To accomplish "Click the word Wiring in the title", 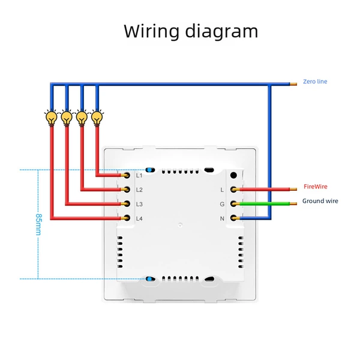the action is click(x=152, y=31).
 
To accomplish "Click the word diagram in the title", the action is click(x=222, y=31).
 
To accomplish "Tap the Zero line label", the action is click(x=315, y=82).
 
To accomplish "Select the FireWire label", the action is click(x=316, y=187).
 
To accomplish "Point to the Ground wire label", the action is click(x=320, y=201).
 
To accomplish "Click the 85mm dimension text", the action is click(x=38, y=224).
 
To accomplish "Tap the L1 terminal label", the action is click(x=139, y=176).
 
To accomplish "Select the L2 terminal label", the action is click(x=139, y=190).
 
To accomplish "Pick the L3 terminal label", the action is click(x=139, y=204).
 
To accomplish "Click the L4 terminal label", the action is click(x=139, y=218).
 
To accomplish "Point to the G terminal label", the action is click(x=222, y=204).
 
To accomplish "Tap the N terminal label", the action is click(x=222, y=218).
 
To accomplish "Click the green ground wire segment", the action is click(x=265, y=203).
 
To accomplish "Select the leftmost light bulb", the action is click(x=52, y=118).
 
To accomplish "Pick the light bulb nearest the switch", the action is click(x=97, y=118).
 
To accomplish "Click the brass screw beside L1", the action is click(x=126, y=175).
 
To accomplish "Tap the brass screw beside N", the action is click(x=234, y=218).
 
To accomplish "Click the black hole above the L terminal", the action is click(x=233, y=175).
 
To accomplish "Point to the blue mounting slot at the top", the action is click(x=149, y=170).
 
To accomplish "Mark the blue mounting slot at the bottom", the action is click(x=149, y=279).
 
